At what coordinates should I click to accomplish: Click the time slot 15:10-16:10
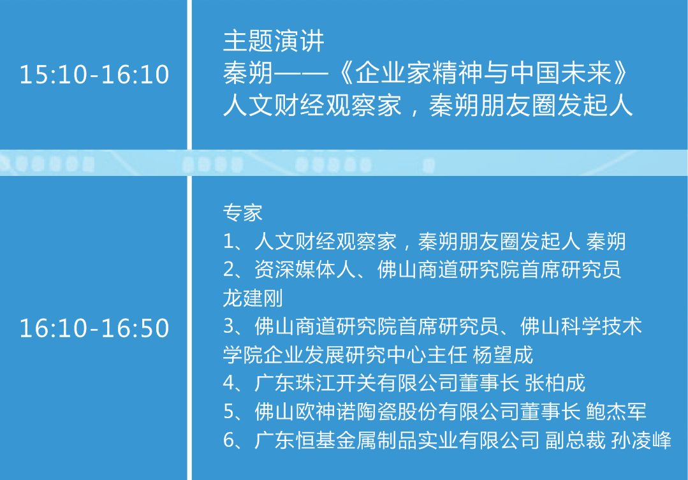click(94, 74)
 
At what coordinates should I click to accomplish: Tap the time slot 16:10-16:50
click(94, 328)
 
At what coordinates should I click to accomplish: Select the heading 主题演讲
click(274, 41)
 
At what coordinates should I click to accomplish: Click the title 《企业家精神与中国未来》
click(483, 73)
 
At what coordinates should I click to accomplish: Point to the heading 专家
click(243, 213)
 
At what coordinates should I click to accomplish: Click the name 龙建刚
click(253, 298)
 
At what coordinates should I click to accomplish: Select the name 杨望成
click(503, 354)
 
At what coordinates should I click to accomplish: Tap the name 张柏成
click(555, 383)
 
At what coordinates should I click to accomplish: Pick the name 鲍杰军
click(616, 412)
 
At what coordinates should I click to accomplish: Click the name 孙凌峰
click(641, 440)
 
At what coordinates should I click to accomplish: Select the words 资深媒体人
click(305, 270)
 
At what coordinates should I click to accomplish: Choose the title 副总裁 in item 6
click(575, 440)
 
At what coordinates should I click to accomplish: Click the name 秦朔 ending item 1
click(606, 242)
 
